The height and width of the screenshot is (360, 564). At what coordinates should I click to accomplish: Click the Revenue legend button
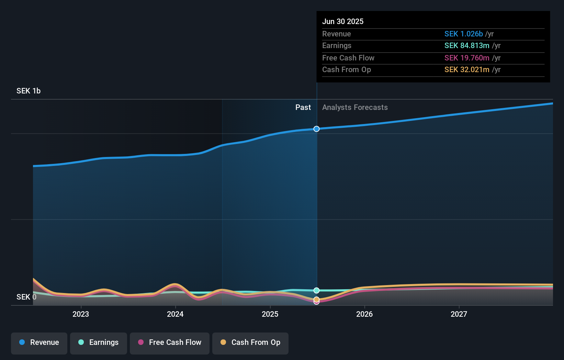39,343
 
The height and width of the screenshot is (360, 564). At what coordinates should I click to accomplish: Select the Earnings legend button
99,343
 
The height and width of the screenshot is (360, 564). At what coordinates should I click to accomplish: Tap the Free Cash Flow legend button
170,343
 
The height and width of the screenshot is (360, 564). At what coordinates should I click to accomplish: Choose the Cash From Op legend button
250,343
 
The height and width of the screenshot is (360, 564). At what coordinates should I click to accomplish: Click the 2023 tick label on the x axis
81,314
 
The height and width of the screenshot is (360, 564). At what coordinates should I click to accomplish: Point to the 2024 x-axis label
175,314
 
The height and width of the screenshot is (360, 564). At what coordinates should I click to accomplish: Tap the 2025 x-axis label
270,314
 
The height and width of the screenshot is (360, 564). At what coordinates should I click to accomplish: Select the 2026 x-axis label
364,314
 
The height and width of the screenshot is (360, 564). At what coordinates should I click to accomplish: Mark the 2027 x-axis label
459,314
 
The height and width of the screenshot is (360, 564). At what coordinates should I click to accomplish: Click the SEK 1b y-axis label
29,91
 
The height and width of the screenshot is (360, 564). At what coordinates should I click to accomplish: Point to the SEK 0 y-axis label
26,297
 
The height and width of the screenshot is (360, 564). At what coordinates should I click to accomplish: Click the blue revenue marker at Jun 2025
317,129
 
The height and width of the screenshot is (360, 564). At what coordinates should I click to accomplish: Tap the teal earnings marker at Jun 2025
317,291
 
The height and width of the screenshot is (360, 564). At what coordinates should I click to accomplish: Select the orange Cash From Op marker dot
317,299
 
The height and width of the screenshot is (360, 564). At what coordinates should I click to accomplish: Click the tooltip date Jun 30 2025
343,22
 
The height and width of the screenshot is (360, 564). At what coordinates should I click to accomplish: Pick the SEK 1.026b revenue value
463,34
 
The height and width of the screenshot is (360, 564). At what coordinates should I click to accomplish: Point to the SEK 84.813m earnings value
467,46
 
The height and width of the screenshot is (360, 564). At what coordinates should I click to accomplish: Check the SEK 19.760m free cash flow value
467,58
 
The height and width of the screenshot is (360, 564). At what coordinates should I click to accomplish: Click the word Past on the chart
303,108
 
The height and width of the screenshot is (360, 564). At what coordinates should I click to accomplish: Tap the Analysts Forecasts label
355,108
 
